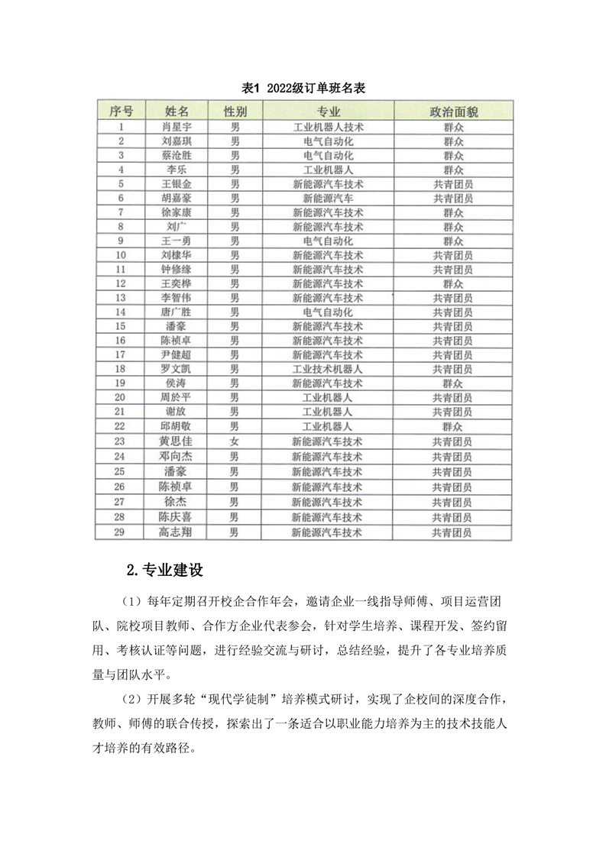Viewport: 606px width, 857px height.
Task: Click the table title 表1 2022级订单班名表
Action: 303,89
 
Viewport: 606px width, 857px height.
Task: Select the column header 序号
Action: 122,112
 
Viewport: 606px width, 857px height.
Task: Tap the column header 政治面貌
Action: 453,112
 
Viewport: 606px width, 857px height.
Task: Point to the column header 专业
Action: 328,112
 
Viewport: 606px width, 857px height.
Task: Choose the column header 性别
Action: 235,112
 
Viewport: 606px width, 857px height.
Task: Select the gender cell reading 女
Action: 235,441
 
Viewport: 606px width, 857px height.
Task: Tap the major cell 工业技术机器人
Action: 328,370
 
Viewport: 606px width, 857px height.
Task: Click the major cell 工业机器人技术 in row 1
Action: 328,127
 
